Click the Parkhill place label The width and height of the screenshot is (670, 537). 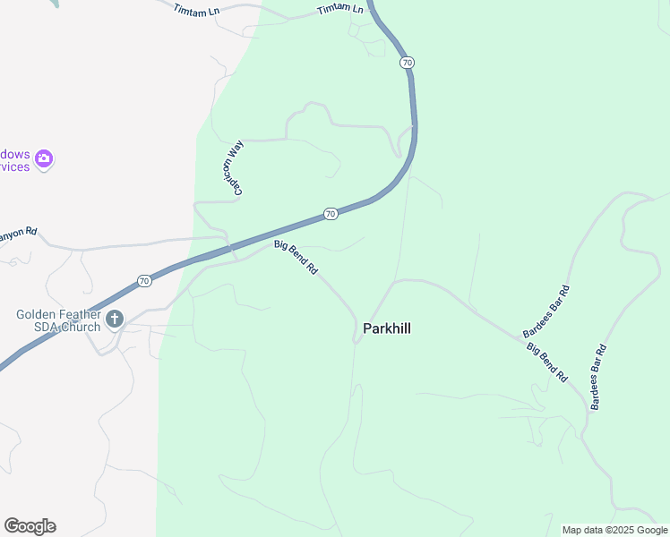click(387, 328)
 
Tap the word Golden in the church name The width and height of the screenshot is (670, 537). click(36, 314)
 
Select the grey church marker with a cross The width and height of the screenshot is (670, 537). click(115, 319)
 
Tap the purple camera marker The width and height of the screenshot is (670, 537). click(44, 159)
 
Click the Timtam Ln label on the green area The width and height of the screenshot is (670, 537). click(341, 10)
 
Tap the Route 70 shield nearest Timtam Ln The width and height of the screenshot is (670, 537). click(407, 63)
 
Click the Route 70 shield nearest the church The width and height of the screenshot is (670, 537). click(145, 281)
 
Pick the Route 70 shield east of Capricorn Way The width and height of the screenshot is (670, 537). click(331, 214)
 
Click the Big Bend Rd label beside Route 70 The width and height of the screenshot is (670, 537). click(296, 256)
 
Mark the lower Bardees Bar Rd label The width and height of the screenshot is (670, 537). click(599, 377)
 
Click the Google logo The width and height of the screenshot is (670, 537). click(30, 526)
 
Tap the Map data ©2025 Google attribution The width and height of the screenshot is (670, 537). click(615, 530)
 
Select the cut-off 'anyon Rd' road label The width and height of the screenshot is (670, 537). click(18, 232)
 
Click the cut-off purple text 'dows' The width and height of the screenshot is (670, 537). click(14, 154)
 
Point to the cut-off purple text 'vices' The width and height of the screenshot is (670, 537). click(14, 166)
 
